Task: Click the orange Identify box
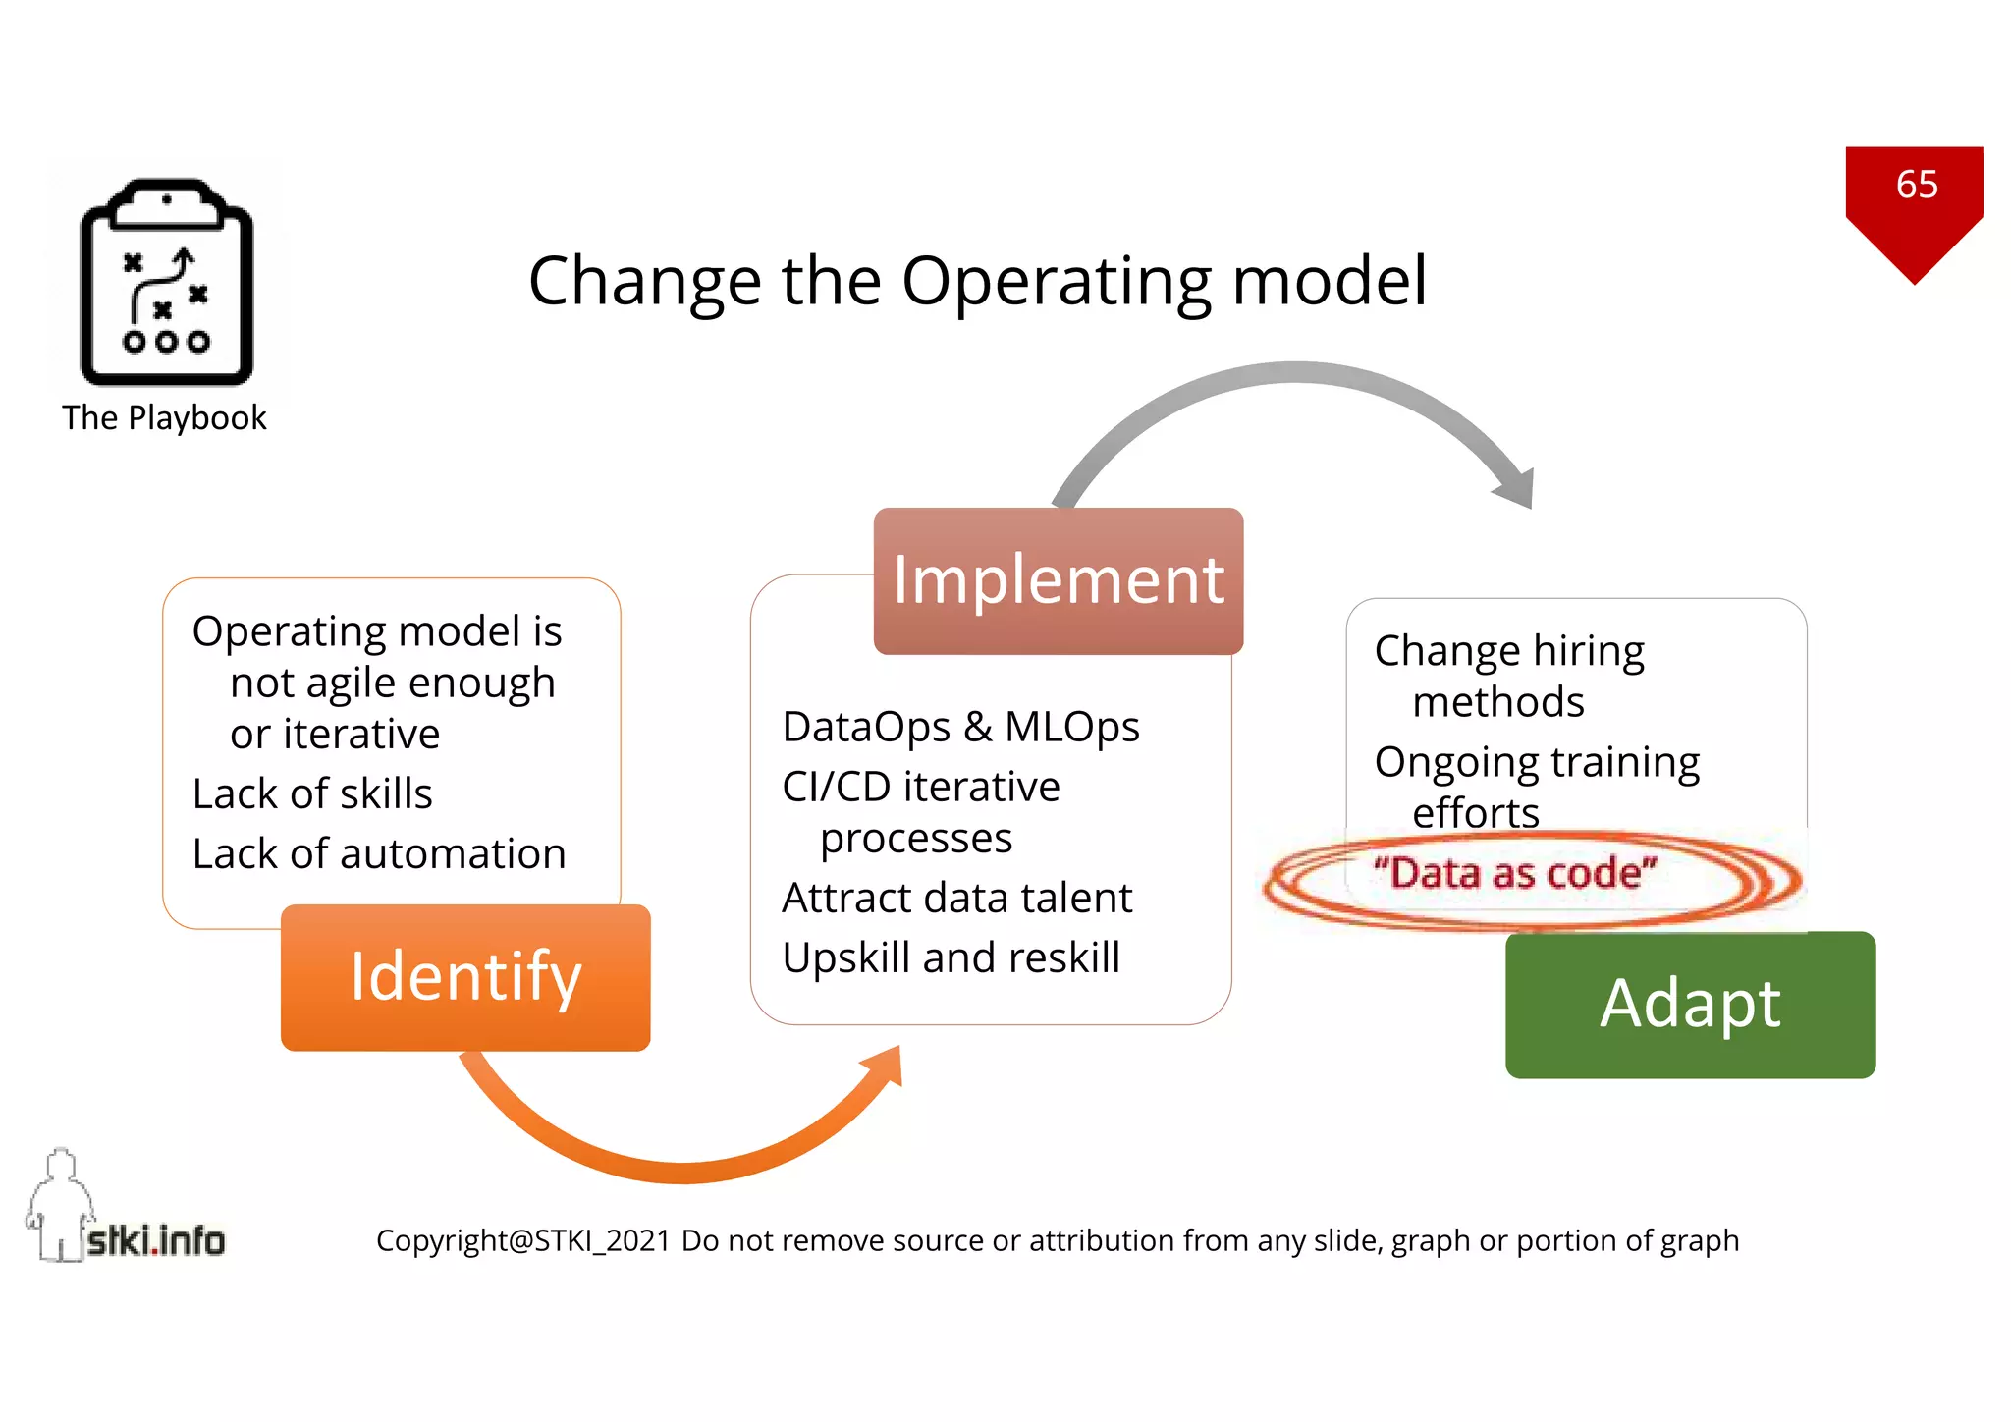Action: point(465,977)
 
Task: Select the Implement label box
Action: point(1058,580)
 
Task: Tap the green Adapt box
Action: point(1690,1004)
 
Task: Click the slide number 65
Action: point(1916,185)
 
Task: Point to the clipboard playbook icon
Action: point(166,282)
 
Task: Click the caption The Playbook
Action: point(164,418)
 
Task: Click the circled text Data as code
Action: point(1514,873)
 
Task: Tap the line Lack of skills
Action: point(312,793)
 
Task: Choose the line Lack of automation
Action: point(379,853)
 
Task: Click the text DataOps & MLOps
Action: point(960,728)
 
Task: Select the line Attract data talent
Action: point(956,898)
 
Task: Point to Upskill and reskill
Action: point(951,957)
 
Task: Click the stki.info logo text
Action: point(155,1241)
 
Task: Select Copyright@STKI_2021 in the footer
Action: point(522,1241)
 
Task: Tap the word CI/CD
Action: point(836,788)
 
